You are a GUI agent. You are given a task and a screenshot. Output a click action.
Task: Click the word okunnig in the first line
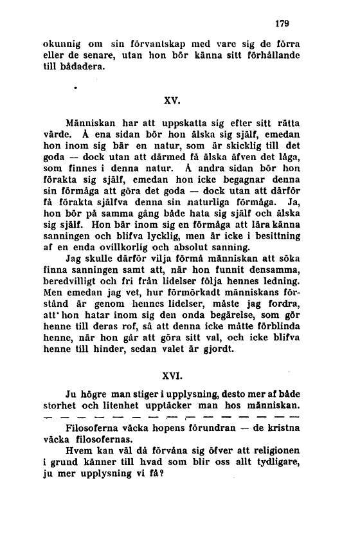click(62, 45)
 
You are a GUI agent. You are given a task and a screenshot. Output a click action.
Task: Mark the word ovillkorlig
click(139, 244)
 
